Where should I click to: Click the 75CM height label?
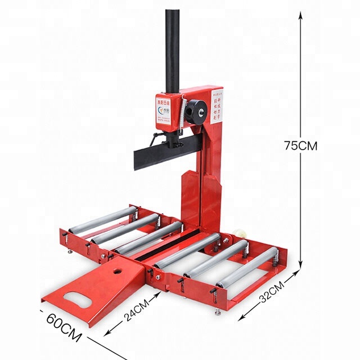300,145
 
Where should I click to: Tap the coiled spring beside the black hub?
184,112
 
